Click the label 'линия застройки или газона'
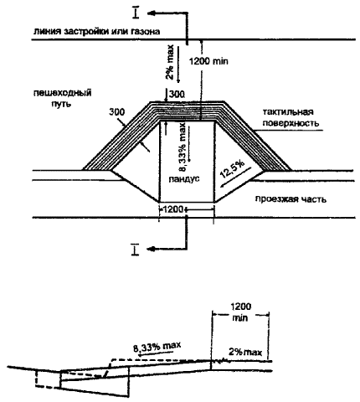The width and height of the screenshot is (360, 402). [96, 31]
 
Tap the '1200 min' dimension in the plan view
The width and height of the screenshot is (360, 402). [208, 61]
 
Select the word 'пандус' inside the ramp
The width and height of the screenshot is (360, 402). [184, 178]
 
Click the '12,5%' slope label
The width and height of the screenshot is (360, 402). [232, 169]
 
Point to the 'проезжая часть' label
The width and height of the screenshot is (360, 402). [291, 199]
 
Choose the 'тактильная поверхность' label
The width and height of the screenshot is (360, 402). [291, 117]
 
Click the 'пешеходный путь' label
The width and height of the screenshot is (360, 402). [62, 98]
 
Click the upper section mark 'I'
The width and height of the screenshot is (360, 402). [136, 13]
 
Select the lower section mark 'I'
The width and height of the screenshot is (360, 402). [136, 250]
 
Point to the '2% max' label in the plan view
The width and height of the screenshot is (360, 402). [170, 62]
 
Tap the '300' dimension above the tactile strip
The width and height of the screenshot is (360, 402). [177, 94]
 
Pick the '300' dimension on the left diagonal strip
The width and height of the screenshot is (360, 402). [117, 112]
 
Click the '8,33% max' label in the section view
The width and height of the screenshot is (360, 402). [157, 347]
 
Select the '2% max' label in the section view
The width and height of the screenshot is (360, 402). [245, 352]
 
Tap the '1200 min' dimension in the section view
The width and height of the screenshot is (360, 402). [240, 312]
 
